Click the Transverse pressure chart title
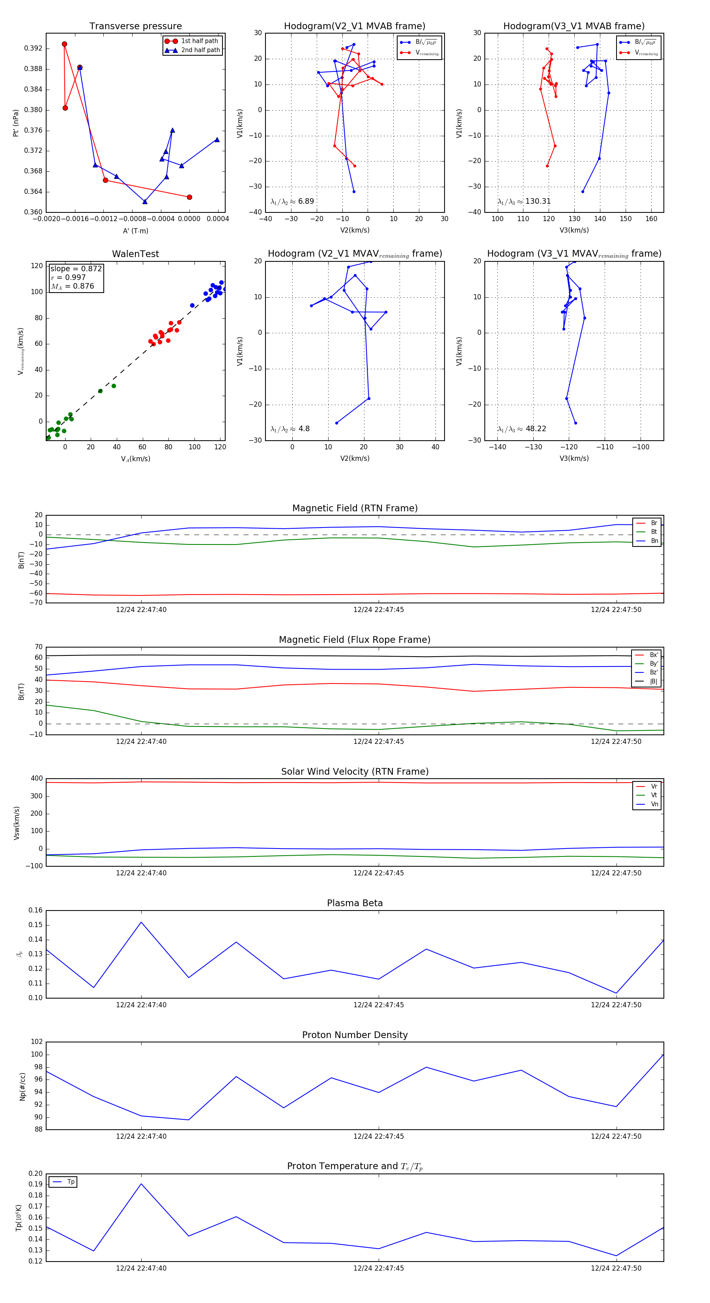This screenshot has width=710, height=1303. [x=135, y=26]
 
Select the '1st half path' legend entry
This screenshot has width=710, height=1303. [x=199, y=41]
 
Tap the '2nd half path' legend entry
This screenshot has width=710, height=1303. [x=200, y=50]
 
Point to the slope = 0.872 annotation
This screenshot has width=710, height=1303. [x=76, y=268]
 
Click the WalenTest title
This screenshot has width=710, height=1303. [x=135, y=254]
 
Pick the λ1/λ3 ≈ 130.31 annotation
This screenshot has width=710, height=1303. [x=524, y=201]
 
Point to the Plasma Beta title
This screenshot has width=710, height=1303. [x=355, y=903]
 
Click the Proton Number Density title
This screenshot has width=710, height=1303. [x=355, y=1035]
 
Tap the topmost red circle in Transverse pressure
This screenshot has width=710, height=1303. [x=64, y=44]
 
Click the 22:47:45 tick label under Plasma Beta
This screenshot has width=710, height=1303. [x=379, y=1005]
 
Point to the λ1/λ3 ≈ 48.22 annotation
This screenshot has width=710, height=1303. [x=521, y=429]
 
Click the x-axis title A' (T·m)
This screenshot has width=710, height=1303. [x=135, y=231]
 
